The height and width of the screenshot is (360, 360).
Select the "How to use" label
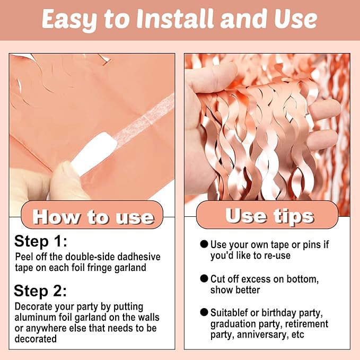click(93, 217)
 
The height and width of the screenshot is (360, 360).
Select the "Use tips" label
click(269, 216)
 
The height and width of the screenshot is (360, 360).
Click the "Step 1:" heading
click(41, 242)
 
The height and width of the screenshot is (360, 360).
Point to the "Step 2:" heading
click(40, 291)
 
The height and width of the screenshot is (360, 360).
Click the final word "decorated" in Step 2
click(36, 339)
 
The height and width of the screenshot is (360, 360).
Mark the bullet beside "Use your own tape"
click(204, 244)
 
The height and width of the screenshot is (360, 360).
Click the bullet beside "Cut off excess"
click(204, 278)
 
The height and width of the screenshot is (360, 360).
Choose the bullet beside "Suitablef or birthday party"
click(204, 312)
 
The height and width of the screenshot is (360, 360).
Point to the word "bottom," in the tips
click(303, 279)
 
